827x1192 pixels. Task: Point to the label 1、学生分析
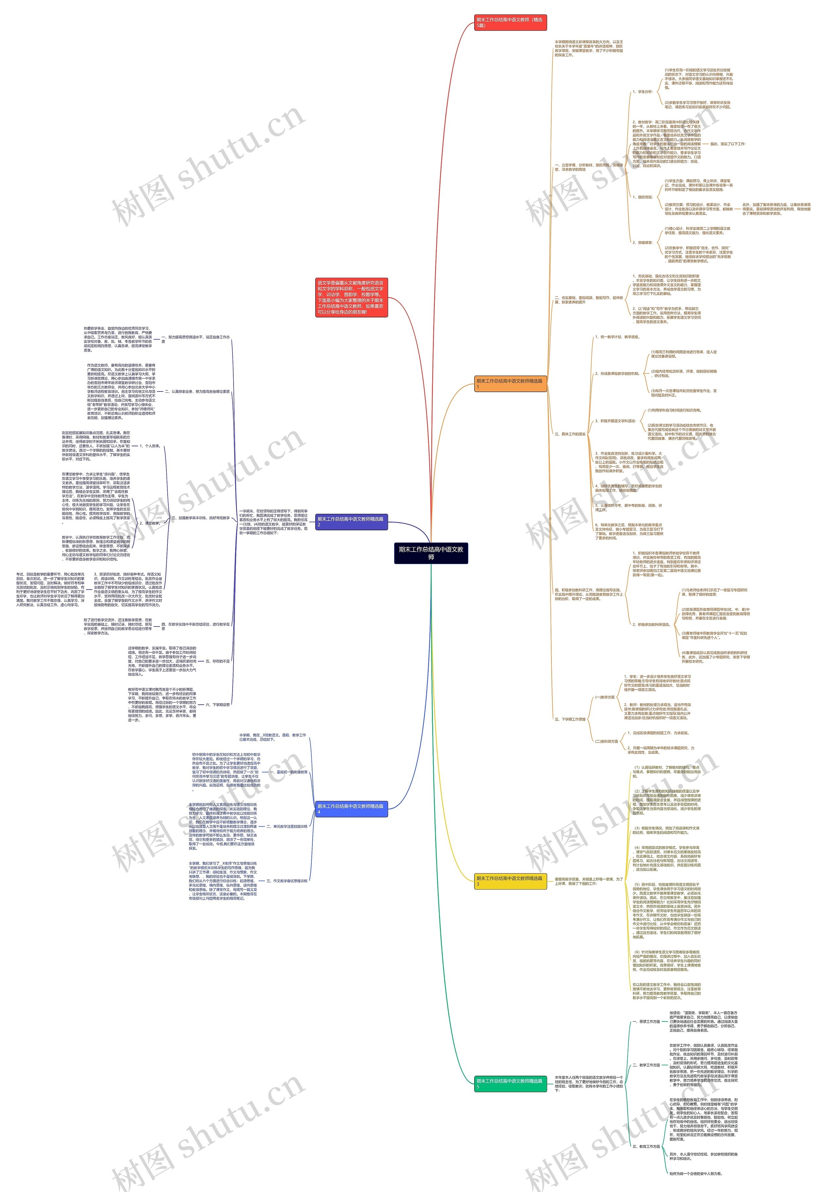pos(643,92)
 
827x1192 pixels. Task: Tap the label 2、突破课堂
pos(643,243)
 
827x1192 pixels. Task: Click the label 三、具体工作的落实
pos(570,434)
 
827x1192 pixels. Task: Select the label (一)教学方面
pos(605,697)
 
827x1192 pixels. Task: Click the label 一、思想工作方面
pos(646,1021)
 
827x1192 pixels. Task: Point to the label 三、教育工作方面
pos(646,1146)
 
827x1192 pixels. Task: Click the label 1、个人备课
pos(150,446)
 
